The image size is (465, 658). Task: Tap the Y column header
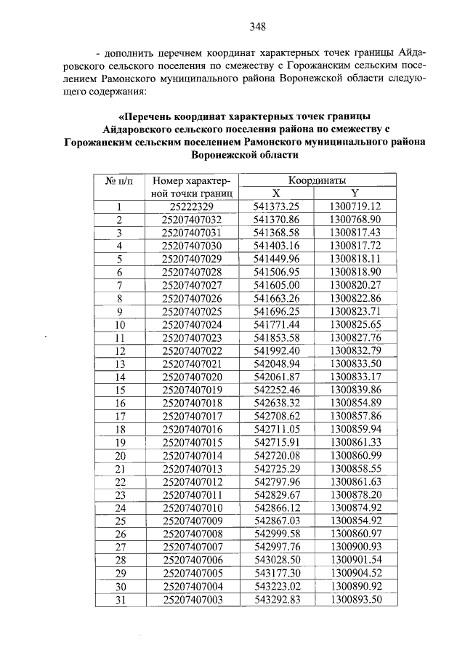pyautogui.click(x=355, y=193)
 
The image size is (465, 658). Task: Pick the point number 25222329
pyautogui.click(x=191, y=206)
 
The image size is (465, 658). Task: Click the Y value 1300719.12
pyautogui.click(x=355, y=206)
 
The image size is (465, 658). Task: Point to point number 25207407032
pyautogui.click(x=191, y=219)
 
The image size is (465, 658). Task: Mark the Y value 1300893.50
pyautogui.click(x=355, y=599)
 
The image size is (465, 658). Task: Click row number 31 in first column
pyautogui.click(x=121, y=599)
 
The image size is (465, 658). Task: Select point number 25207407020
pyautogui.click(x=191, y=377)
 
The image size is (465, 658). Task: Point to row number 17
pyautogui.click(x=121, y=416)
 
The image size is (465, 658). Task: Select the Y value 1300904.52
pyautogui.click(x=355, y=573)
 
